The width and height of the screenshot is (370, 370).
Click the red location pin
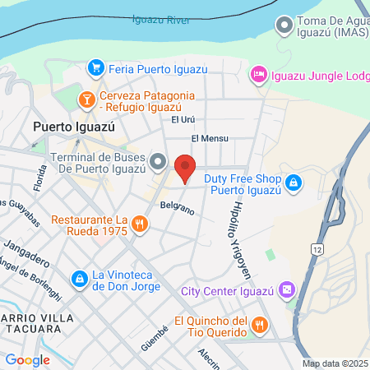tap(185, 168)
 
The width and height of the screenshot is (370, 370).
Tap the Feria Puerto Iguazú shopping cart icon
tap(96, 67)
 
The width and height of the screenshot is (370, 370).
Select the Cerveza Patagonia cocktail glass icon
tap(86, 100)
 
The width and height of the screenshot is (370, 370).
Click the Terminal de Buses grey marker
tap(159, 160)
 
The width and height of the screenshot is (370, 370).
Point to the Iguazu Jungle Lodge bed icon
tap(258, 74)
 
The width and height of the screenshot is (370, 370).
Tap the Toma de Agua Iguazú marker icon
tap(284, 25)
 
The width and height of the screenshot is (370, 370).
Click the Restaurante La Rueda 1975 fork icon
tap(140, 223)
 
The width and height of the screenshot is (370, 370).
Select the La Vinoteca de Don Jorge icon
tap(79, 280)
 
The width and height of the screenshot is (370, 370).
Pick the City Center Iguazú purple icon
tap(285, 289)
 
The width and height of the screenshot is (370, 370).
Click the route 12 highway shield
tap(317, 247)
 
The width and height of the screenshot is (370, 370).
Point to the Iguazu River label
tap(161, 19)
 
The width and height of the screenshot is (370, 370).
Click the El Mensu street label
tap(210, 139)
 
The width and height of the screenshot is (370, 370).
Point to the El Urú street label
tap(182, 120)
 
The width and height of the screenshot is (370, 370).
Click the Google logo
tap(27, 359)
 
